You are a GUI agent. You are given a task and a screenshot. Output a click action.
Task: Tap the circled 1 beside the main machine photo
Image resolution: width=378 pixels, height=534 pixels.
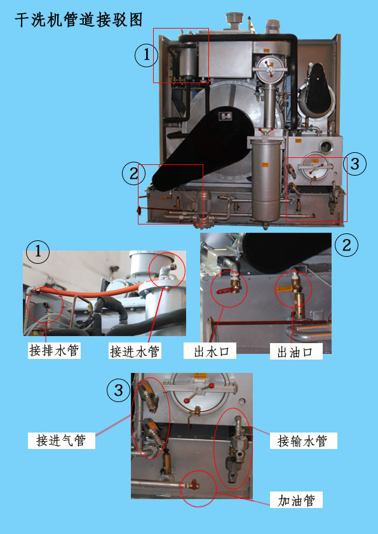coord(146,56)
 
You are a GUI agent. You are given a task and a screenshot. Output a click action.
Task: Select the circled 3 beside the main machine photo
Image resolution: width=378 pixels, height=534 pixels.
coord(354,165)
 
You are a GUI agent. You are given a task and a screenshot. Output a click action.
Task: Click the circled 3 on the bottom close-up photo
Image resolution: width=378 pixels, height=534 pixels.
coord(118,391)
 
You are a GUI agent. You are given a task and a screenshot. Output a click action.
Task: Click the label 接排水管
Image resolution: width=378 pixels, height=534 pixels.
coord(54,350)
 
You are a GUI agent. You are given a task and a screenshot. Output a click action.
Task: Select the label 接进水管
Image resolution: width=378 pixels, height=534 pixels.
coord(135,351)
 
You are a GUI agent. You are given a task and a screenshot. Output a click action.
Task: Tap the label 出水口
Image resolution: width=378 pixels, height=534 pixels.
coord(210,351)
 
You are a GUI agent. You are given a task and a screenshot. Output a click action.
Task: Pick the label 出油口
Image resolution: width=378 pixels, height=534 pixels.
coord(295,351)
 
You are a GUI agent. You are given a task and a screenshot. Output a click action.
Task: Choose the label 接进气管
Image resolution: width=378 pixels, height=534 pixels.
coord(61,440)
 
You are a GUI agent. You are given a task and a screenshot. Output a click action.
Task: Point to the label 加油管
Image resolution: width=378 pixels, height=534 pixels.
coord(297,500)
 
